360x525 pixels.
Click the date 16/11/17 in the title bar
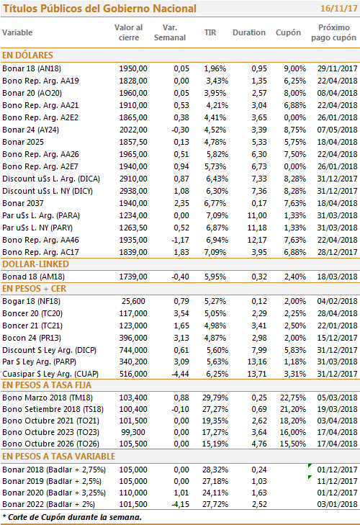tap(338, 9)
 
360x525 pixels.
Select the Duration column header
tap(249, 32)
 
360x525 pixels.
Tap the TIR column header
tap(210, 32)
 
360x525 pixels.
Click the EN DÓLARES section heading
tap(27, 55)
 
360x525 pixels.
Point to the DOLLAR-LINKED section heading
tap(35, 264)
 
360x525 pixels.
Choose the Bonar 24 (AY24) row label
tap(30, 130)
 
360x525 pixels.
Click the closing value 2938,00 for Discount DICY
tap(133, 191)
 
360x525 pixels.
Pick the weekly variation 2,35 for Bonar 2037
tap(181, 203)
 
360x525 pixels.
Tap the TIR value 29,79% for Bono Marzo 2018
tap(215, 398)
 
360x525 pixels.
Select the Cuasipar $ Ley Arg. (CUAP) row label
tap(50, 374)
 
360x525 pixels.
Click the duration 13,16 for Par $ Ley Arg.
tap(257, 362)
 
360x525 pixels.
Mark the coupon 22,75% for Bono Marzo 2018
tap(293, 398)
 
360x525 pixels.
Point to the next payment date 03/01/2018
tap(337, 504)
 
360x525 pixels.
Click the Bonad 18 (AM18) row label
tap(34, 277)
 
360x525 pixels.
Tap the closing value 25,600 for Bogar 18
tap(133, 301)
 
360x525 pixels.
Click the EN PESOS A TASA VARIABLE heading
tap(58, 457)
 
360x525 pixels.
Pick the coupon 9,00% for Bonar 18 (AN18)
tap(294, 68)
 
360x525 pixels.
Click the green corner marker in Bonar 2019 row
tap(310, 477)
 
